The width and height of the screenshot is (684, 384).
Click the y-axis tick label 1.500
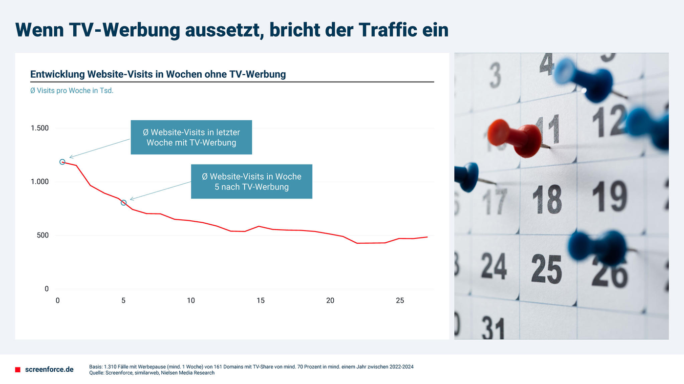[x=40, y=128]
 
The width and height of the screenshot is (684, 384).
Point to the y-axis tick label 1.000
[x=40, y=182]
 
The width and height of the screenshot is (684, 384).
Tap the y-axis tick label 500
[x=43, y=235]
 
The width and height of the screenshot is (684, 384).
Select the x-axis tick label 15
[x=260, y=300]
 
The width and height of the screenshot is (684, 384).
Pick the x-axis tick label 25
[x=400, y=300]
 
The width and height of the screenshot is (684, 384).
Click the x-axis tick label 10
[x=191, y=300]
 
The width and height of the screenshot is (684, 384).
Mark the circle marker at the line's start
[x=63, y=162]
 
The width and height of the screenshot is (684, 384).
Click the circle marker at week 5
[x=124, y=203]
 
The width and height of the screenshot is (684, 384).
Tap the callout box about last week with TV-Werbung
[x=191, y=137]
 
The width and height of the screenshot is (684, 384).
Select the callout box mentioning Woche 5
[x=251, y=181]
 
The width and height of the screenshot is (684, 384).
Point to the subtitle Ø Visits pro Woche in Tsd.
[x=72, y=91]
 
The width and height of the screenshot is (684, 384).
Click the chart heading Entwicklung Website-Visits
[x=158, y=74]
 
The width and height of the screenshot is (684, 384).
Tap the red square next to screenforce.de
[x=18, y=370]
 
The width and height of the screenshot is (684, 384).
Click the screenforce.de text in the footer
[x=49, y=370]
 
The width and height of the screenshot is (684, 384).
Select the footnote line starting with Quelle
[x=151, y=373]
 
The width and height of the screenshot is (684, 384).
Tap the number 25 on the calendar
[x=546, y=268]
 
